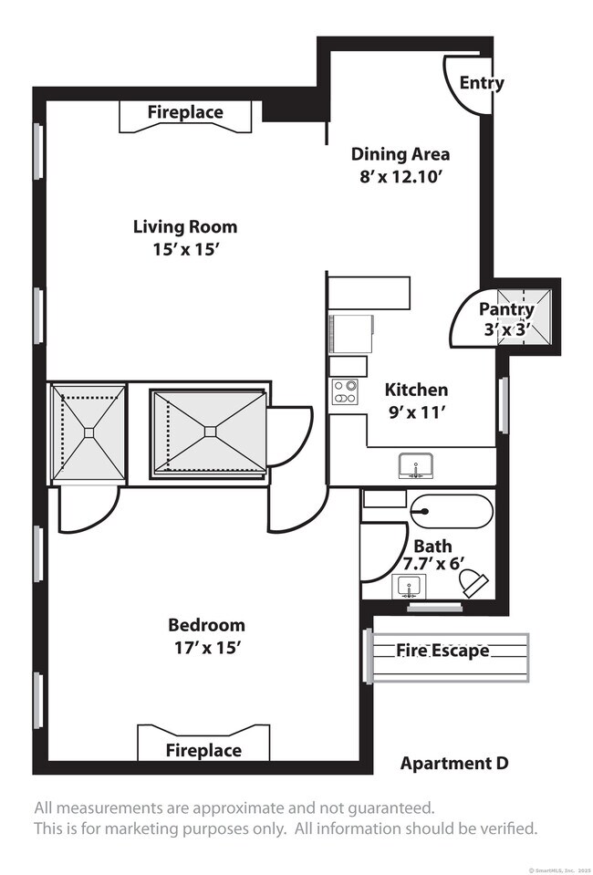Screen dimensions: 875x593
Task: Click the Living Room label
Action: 185,226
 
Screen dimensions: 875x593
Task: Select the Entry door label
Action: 481,83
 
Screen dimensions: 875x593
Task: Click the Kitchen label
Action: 416,390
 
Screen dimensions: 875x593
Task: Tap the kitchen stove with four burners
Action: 345,392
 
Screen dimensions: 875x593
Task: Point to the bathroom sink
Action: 410,587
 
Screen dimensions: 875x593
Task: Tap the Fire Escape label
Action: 442,651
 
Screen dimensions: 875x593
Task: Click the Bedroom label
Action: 206,625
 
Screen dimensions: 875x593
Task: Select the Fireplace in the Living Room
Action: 185,112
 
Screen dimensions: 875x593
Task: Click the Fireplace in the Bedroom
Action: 203,750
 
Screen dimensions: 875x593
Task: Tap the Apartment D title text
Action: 453,763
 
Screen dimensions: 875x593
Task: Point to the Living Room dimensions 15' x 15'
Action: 185,249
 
